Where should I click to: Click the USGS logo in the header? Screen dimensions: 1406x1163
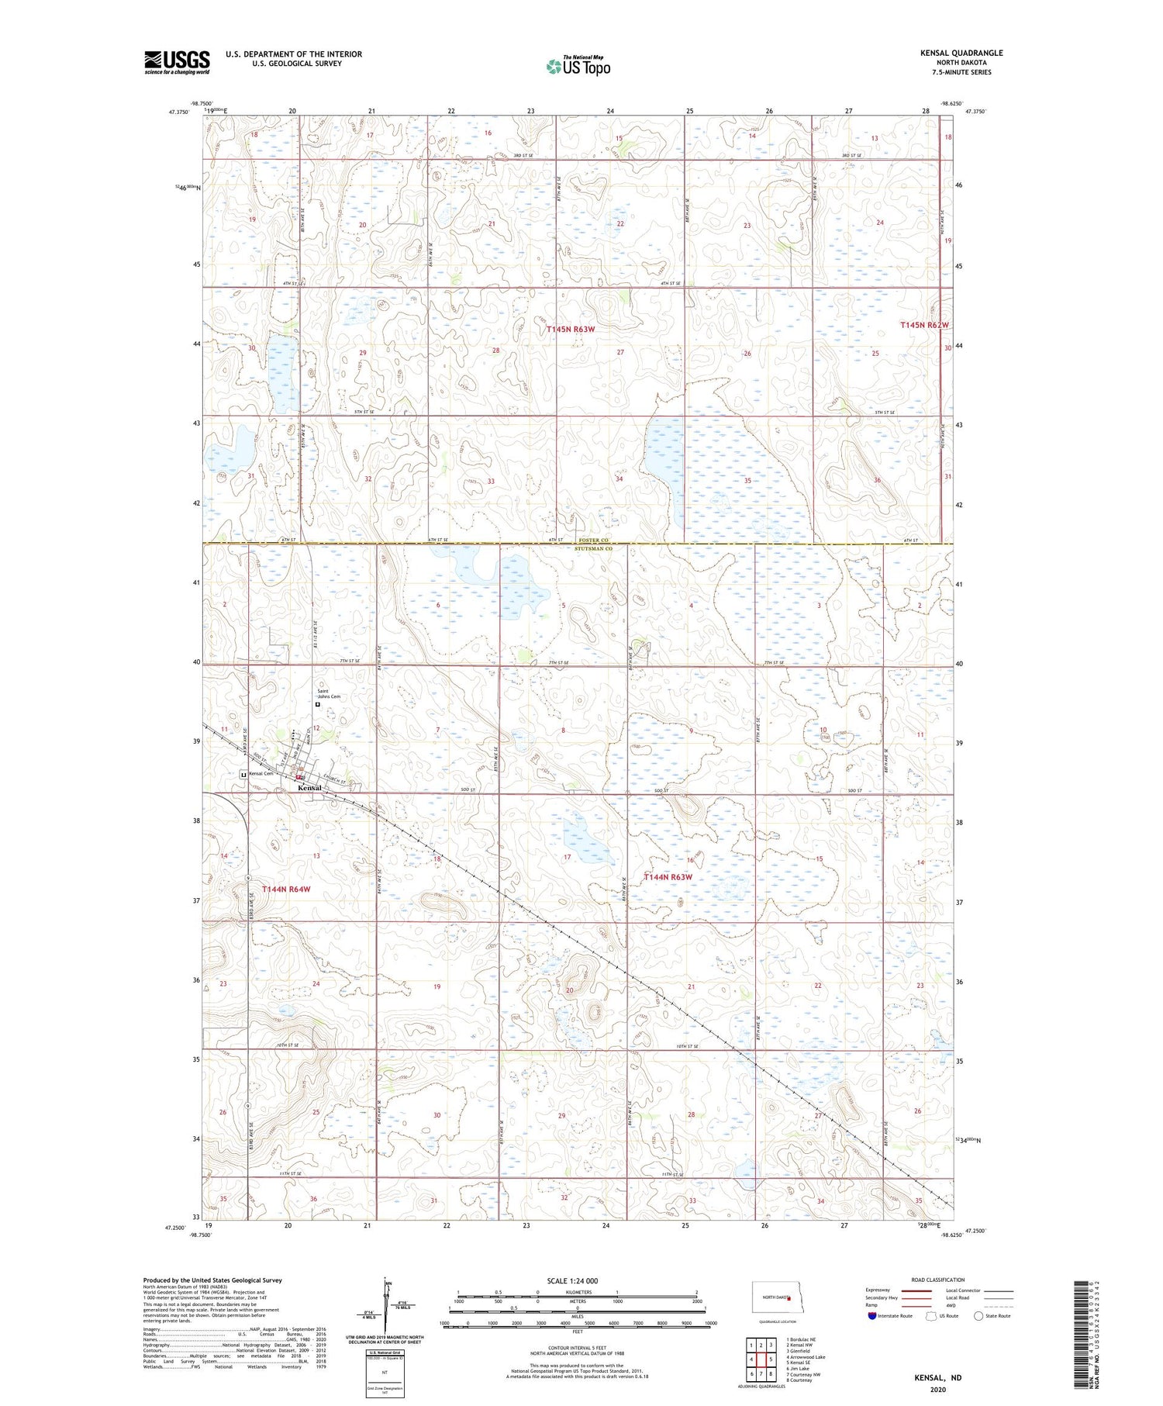coord(177,62)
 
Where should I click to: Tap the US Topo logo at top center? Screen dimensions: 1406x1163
coord(578,67)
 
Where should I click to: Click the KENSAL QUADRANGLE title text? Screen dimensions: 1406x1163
coord(961,53)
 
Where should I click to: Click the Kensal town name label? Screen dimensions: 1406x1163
coord(309,788)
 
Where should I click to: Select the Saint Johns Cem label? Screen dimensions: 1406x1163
coord(328,693)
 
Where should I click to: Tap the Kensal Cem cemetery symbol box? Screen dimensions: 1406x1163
coord(243,774)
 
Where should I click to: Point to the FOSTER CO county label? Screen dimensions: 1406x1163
coord(595,541)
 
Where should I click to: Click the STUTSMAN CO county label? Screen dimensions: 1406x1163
coord(594,549)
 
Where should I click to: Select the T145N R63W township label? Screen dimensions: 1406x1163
coord(570,330)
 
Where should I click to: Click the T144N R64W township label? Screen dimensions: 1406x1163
coord(286,889)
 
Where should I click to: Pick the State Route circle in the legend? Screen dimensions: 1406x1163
coord(978,1316)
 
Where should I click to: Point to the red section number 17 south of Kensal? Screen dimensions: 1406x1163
coord(567,857)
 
